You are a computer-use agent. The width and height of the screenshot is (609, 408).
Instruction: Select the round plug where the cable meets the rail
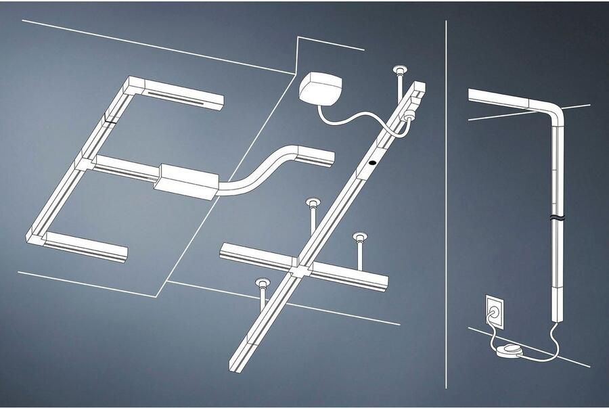[x=409, y=116]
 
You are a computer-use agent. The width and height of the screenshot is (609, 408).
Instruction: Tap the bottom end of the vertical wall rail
[x=560, y=319]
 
